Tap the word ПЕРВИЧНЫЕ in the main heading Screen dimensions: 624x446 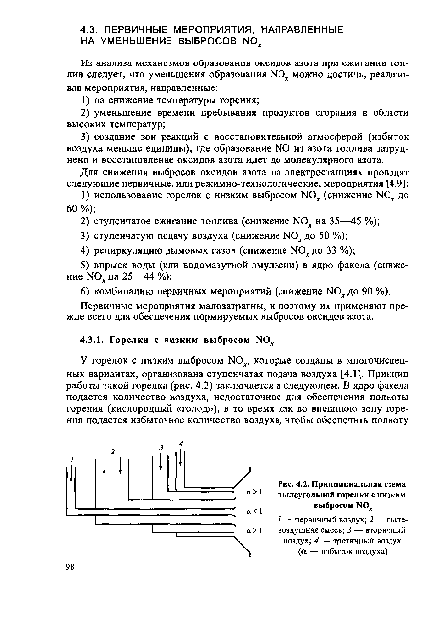147,25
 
